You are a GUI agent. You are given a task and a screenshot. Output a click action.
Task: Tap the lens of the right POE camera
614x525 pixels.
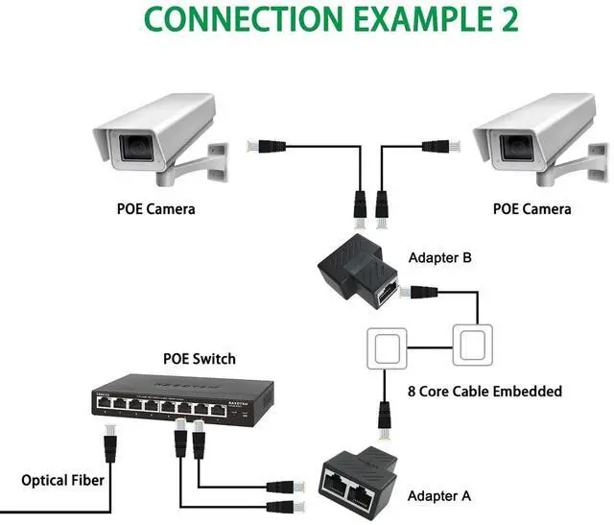514,147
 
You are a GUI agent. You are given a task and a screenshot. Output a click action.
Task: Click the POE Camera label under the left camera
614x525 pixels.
155,208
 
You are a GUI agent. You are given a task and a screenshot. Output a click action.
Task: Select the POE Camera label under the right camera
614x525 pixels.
531,208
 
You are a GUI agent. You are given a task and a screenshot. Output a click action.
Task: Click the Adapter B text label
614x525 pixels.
440,258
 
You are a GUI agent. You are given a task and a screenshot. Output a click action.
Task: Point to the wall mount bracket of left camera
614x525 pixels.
216,162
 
